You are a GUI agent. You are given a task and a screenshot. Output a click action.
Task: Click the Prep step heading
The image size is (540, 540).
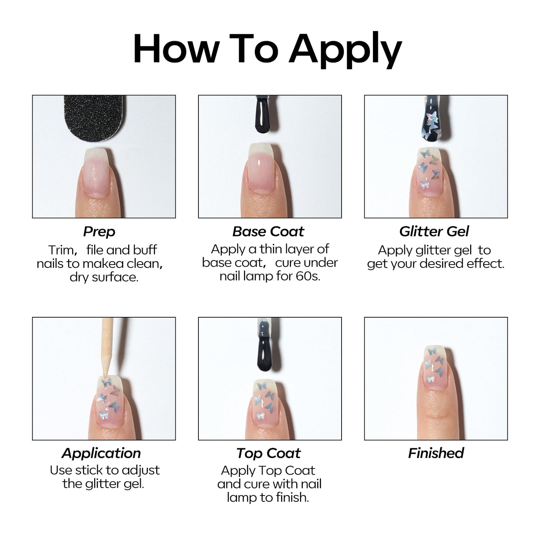[99, 232]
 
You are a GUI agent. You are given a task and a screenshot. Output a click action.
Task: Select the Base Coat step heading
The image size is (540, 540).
[268, 231]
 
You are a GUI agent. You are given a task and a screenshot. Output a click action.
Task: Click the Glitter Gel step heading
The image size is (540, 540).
[434, 231]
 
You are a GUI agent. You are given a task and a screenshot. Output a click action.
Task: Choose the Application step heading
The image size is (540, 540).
[101, 453]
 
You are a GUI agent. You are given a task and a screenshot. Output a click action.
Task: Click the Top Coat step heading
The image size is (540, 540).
[268, 453]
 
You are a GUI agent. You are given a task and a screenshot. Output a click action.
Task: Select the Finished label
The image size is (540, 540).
[436, 453]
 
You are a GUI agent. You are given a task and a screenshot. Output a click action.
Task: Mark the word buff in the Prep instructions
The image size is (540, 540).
[145, 250]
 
